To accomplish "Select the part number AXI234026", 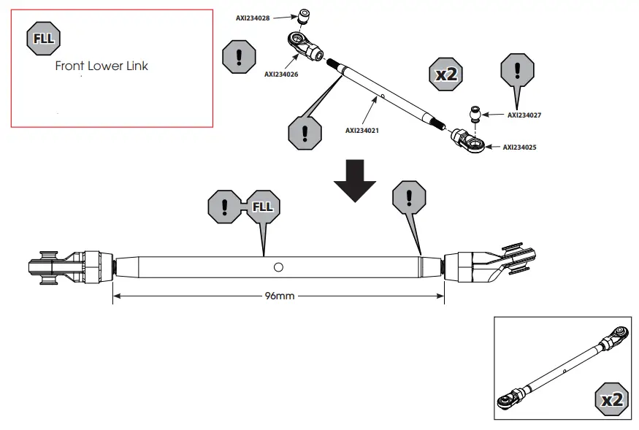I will point(281,74).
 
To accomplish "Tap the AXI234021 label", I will point(363,131).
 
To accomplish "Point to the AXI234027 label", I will point(524,115).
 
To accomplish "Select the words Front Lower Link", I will point(102,66).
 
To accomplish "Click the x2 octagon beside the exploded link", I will point(445,74).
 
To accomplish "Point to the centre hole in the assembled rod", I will point(278,268).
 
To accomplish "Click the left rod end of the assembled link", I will point(70,268).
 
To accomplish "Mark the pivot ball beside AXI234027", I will point(475,115).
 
